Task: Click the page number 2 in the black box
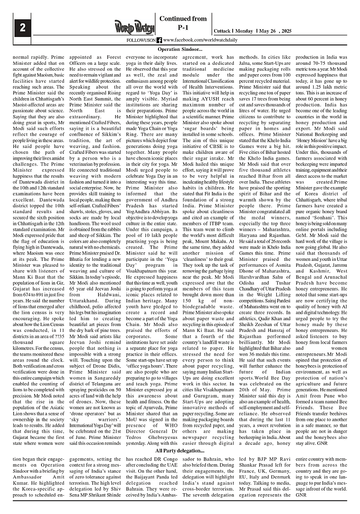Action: (22, 27)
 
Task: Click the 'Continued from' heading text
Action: (183, 19)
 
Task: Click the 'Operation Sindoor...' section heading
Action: (180, 49)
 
